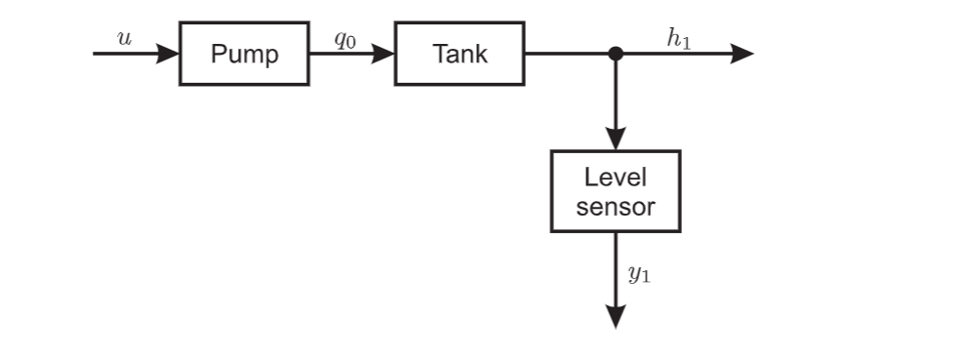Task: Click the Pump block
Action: [x=244, y=54]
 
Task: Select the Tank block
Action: [x=459, y=54]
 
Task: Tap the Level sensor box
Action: [x=615, y=191]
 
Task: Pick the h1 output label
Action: [x=678, y=38]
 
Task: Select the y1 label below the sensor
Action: [x=639, y=274]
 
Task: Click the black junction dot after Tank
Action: [x=616, y=54]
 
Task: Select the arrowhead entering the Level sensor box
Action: [x=616, y=139]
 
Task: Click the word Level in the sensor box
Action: [x=615, y=178]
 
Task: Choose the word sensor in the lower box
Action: [x=615, y=207]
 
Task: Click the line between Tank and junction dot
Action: [x=568, y=54]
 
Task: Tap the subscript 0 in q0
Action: [x=351, y=42]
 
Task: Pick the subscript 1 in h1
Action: [x=685, y=42]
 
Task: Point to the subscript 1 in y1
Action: [x=646, y=278]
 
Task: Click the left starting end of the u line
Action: [x=96, y=54]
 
